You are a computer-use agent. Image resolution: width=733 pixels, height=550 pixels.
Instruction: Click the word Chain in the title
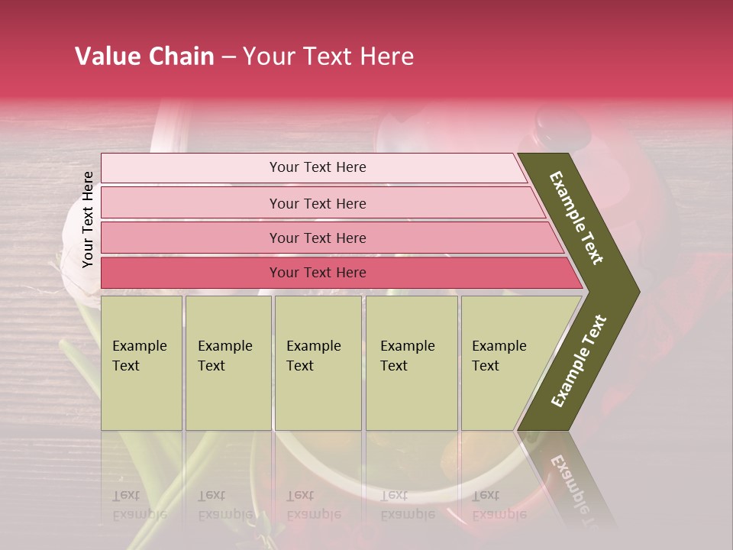182,57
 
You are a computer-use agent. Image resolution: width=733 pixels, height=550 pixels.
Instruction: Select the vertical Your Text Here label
88,219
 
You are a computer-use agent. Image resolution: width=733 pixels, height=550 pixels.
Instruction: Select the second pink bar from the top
317,203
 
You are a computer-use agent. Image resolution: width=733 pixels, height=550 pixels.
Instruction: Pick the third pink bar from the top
317,238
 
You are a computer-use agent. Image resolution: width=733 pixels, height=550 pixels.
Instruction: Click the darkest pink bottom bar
317,273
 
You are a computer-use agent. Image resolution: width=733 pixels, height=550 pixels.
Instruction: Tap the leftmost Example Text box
141,363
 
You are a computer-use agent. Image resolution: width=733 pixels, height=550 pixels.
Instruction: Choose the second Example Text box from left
228,363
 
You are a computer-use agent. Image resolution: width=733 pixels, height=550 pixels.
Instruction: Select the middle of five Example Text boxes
317,363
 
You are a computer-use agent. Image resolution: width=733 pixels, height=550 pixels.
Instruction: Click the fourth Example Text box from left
411,363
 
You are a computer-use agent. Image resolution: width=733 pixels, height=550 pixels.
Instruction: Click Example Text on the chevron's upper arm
577,218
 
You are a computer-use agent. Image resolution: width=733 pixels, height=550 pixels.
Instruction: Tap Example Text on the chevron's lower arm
579,361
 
